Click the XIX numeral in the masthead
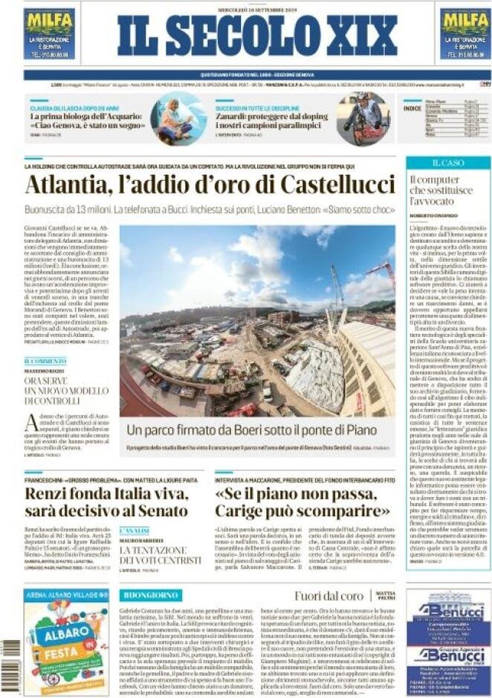[x=358, y=36]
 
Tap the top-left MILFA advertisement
[x=50, y=34]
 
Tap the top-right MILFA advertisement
[x=465, y=34]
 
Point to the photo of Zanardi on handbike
[x=363, y=118]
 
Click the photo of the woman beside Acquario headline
[x=178, y=118]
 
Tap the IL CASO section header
[x=447, y=162]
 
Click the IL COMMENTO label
[x=45, y=361]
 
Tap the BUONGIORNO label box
[x=151, y=595]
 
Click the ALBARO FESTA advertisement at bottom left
[x=65, y=640]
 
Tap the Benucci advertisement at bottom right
[x=447, y=640]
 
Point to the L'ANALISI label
[x=135, y=531]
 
